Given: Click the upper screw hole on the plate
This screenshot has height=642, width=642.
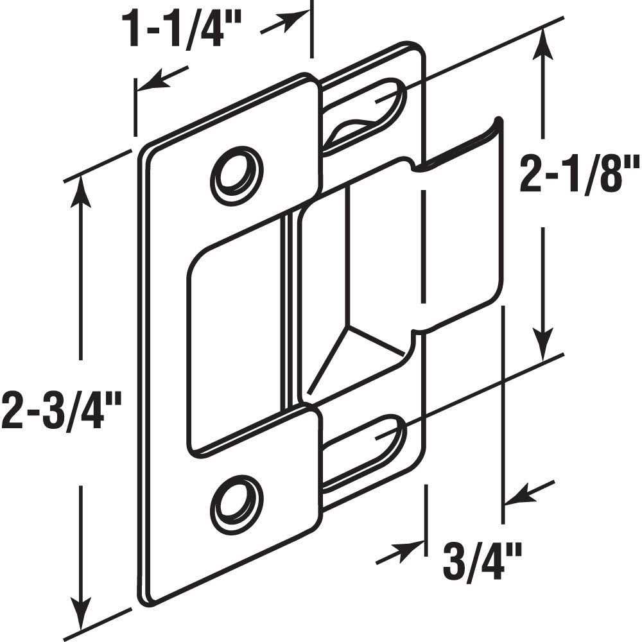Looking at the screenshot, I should [x=238, y=175].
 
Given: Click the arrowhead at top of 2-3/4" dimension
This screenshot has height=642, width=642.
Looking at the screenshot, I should [x=81, y=186].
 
